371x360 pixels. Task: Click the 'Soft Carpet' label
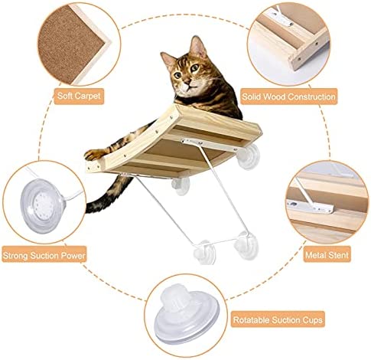coord(79,97)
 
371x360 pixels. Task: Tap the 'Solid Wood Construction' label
coord(288,97)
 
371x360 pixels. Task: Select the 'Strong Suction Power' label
coord(44,255)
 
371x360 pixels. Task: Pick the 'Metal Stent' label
coord(327,254)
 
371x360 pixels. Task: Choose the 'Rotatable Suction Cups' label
coord(278,319)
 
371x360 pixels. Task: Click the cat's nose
coord(187,81)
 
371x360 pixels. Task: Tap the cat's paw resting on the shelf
coord(94,155)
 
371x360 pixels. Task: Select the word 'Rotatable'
coord(251,319)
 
